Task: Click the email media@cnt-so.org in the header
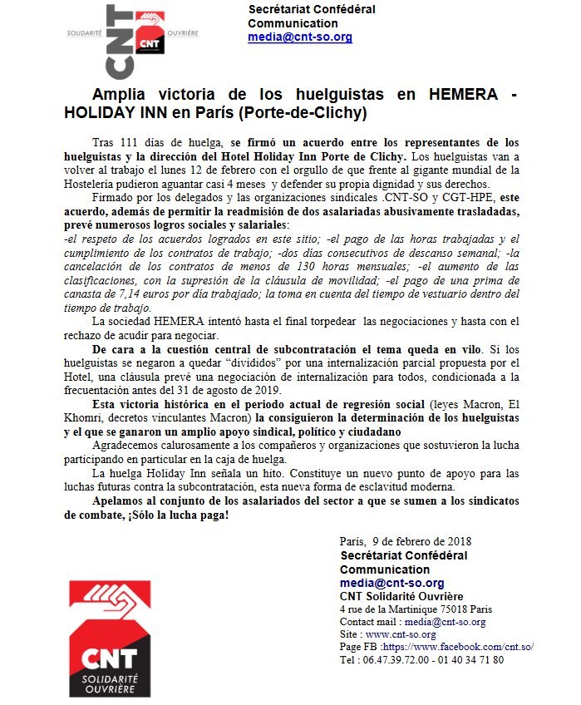(x=299, y=37)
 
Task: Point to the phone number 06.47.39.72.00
(x=396, y=659)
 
